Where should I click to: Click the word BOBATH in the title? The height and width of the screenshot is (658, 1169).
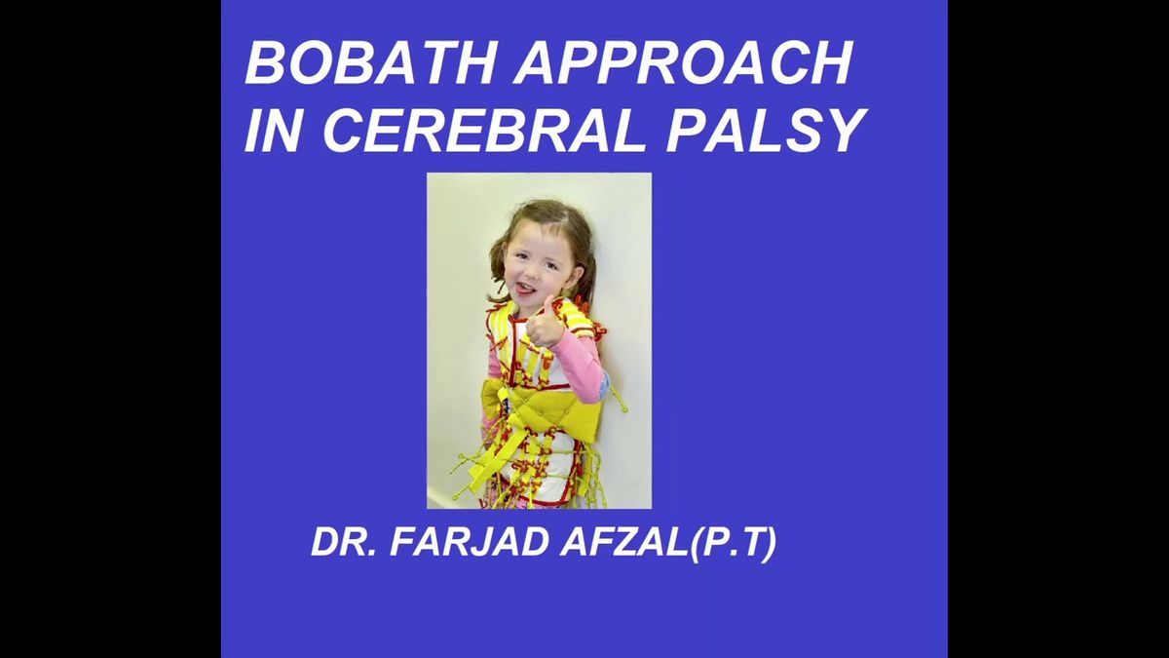pos(370,62)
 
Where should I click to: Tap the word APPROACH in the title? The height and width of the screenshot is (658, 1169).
pos(684,62)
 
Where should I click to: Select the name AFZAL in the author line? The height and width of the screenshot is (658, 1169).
pos(623,542)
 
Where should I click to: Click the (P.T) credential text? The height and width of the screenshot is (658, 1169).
pos(733,543)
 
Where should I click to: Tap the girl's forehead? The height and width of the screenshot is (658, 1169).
pos(538,235)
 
